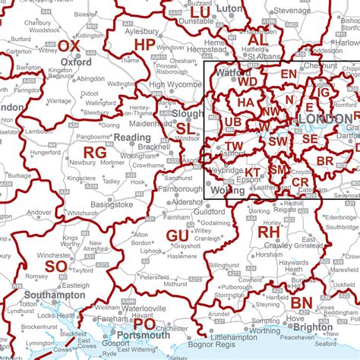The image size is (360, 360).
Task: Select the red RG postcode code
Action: pos(95,153)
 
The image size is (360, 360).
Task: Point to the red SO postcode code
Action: pos(55,267)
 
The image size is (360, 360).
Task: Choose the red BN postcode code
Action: pos(302,303)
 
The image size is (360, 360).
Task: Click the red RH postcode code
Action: pos(269,231)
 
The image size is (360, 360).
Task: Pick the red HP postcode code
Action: pos(144,46)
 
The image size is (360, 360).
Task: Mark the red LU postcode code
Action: pos(201,12)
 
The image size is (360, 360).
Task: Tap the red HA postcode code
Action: pos(245,102)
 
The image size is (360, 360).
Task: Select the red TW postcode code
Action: pos(235,146)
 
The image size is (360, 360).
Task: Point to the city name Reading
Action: pos(131,137)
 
